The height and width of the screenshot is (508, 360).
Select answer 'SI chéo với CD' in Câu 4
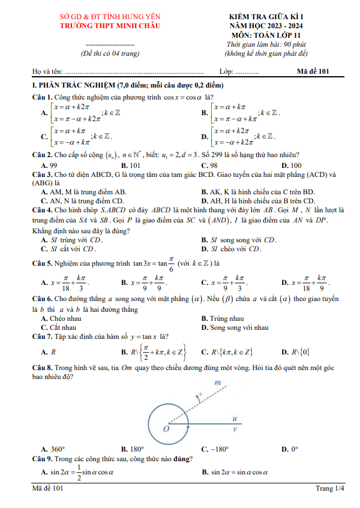coord(235,248)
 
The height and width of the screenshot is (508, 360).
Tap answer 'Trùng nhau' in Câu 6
coord(226,318)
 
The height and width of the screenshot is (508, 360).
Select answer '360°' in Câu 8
coord(56,449)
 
